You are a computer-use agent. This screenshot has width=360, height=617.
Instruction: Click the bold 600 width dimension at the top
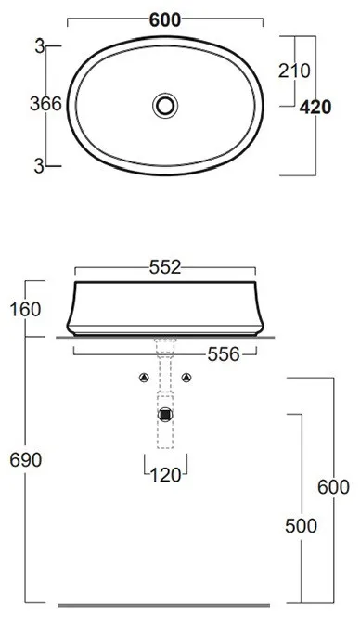165,20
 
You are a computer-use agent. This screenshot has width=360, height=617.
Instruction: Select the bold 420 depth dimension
315,107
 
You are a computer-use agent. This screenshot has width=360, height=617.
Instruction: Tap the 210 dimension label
294,71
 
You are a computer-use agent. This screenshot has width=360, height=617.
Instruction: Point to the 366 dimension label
46,104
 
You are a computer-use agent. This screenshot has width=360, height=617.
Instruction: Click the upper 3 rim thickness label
39,47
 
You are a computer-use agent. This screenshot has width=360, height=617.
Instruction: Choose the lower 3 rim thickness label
39,166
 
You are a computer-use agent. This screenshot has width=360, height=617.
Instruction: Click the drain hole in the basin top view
165,106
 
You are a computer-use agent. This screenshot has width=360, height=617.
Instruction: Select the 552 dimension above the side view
165,267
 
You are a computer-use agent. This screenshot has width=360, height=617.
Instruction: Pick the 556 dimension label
224,354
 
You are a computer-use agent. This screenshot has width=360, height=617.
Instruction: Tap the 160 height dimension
25,310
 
